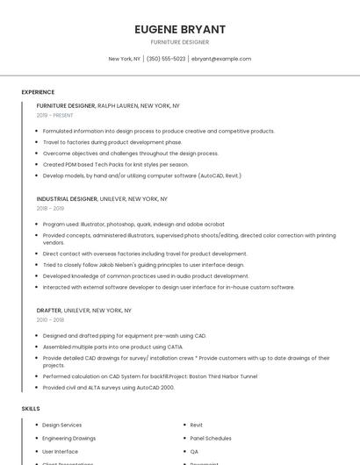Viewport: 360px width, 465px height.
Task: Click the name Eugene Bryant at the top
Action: [x=179, y=29]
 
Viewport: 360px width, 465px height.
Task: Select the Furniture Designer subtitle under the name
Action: [x=179, y=42]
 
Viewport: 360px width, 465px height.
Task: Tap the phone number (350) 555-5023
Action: [x=166, y=59]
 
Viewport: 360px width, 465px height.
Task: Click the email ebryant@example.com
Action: [x=221, y=59]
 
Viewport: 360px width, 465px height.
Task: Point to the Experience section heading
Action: [x=38, y=92]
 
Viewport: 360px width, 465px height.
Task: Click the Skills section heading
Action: [x=31, y=409]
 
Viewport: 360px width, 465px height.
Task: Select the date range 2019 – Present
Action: [x=54, y=115]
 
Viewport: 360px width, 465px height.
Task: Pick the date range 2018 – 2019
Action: [x=50, y=208]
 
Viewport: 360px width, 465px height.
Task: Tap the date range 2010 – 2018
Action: [x=50, y=319]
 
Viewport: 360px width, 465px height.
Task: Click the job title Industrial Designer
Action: [x=67, y=199]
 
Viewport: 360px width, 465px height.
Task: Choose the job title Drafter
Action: [x=49, y=311]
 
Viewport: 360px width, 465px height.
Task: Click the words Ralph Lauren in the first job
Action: [x=118, y=105]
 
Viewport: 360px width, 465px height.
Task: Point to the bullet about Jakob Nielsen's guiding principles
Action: [x=143, y=264]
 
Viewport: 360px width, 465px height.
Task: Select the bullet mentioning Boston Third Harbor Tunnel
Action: [x=149, y=376]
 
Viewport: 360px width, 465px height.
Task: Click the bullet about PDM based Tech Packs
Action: [x=115, y=164]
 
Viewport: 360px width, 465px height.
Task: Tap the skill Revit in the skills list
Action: [x=196, y=425]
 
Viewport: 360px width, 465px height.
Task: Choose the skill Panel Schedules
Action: [x=211, y=438]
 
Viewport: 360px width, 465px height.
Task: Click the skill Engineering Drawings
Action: [x=68, y=438]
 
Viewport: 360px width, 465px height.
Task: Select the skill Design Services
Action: [x=61, y=425]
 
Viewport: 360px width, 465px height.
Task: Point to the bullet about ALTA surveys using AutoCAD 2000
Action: [x=108, y=387]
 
